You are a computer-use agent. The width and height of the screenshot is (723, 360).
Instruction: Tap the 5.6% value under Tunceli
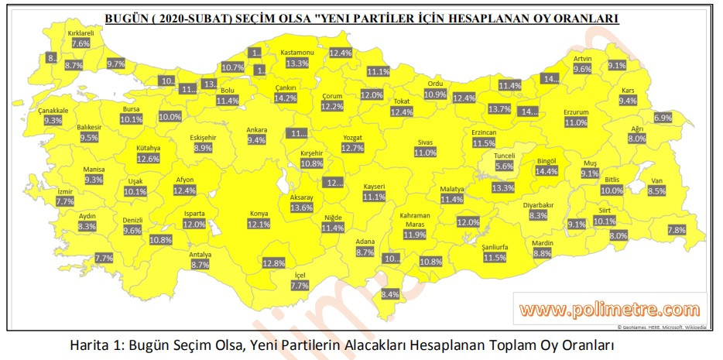pyautogui.click(x=504, y=166)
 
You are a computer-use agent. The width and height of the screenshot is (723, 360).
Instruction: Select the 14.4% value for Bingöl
pyautogui.click(x=547, y=171)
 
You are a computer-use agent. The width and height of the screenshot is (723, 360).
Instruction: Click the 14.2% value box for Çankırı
pyautogui.click(x=286, y=98)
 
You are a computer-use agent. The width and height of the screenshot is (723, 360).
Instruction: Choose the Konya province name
pyautogui.click(x=258, y=214)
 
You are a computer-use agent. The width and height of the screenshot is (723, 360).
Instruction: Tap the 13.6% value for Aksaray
pyautogui.click(x=301, y=207)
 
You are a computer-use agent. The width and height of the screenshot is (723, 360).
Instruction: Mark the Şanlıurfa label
pyautogui.click(x=494, y=247)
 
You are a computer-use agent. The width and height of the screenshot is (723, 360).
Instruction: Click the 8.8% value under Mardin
pyautogui.click(x=542, y=253)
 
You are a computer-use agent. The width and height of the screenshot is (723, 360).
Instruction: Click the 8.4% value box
pyautogui.click(x=390, y=294)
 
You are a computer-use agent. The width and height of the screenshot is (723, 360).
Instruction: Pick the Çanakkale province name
pyautogui.click(x=53, y=111)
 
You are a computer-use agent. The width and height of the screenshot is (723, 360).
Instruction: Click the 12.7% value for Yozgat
pyautogui.click(x=352, y=148)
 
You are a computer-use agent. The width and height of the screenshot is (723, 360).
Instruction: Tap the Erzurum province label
pyautogui.click(x=576, y=112)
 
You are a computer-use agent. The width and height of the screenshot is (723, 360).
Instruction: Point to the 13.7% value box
pyautogui.click(x=499, y=109)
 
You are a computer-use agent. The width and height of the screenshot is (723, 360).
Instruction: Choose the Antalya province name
pyautogui.click(x=200, y=254)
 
